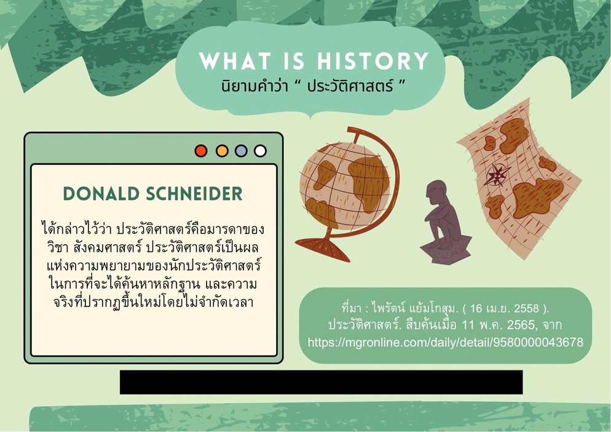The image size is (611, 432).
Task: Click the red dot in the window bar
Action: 201,151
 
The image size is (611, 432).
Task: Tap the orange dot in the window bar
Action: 222,151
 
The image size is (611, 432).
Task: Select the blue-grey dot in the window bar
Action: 241,151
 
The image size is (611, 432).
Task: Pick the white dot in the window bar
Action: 260,151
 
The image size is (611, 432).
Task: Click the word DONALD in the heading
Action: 101,194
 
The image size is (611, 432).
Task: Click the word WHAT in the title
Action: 235,61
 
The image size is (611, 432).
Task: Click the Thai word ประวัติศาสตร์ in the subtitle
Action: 350,86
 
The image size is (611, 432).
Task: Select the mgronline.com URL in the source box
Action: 446,342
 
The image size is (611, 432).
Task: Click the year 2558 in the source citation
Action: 526,308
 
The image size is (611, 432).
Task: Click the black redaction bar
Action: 321,382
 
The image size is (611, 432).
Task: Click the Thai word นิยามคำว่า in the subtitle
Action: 255,86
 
